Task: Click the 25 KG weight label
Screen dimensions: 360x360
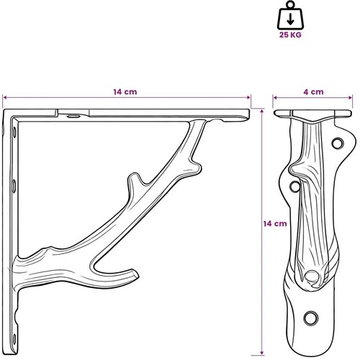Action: pos(290,35)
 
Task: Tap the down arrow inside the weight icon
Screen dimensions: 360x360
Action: pos(290,19)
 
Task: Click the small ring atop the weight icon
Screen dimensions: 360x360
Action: pos(290,5)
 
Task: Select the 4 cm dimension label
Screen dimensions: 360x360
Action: pos(313,91)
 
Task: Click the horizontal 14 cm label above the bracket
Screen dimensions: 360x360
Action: pos(125,91)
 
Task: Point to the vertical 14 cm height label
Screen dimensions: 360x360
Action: pos(275,224)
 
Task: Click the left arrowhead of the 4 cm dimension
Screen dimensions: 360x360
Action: pos(275,97)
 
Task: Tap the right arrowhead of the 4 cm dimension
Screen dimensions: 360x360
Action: pos(351,97)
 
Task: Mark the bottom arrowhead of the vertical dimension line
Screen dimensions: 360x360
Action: pos(262,353)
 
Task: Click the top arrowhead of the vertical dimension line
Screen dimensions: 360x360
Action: pos(262,111)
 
